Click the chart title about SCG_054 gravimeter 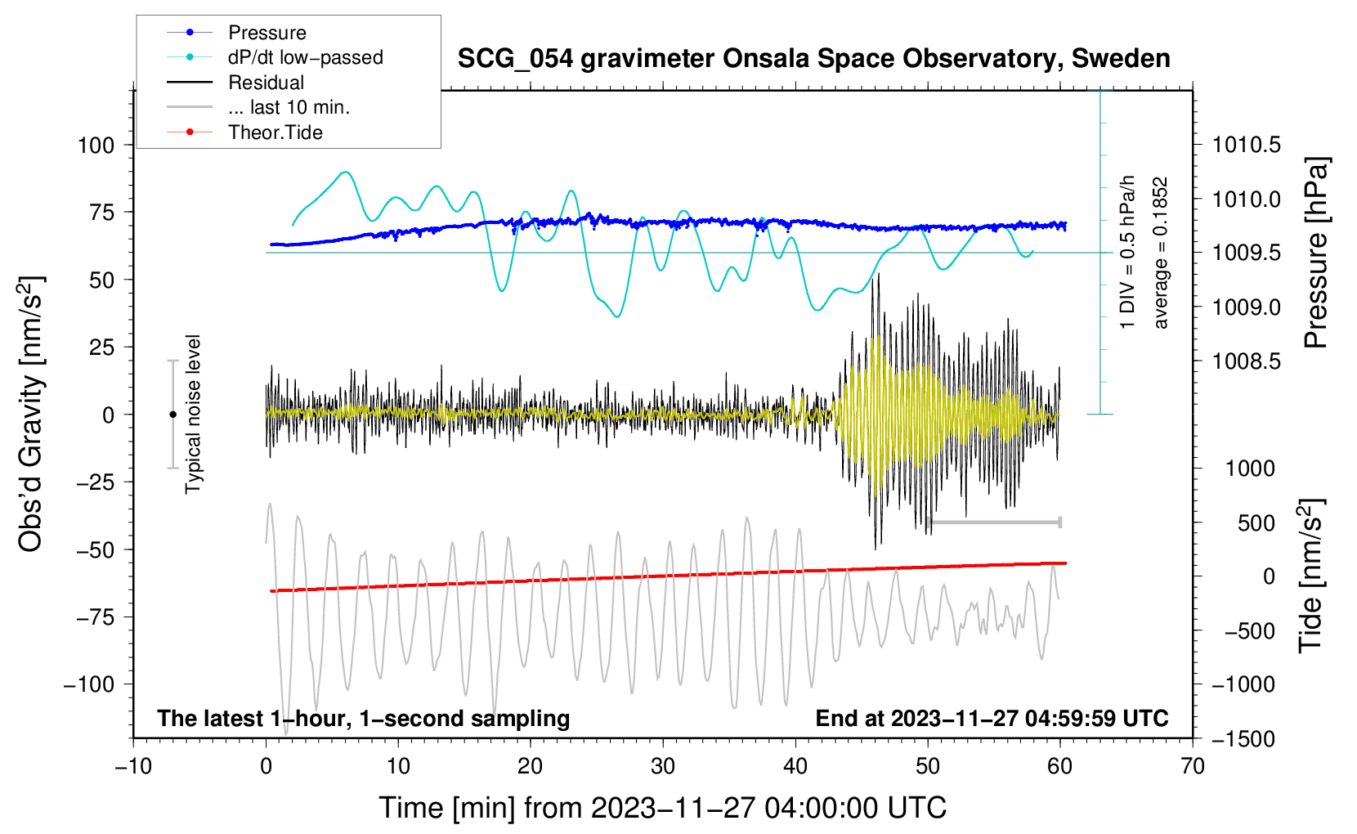coord(813,59)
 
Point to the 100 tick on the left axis coord(96,146)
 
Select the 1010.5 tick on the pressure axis coord(1246,146)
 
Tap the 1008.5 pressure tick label coord(1246,361)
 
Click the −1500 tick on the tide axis coord(1243,738)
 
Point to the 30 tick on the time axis coord(663,766)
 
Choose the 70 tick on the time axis coord(1193,766)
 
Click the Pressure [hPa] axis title coord(1315,253)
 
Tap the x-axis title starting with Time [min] coord(662,808)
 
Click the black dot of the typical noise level coord(172,415)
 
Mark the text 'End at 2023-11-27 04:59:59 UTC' coord(992,719)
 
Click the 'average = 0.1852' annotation coord(1161,253)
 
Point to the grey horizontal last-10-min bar coord(994,522)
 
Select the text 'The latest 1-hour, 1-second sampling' coord(363,719)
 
